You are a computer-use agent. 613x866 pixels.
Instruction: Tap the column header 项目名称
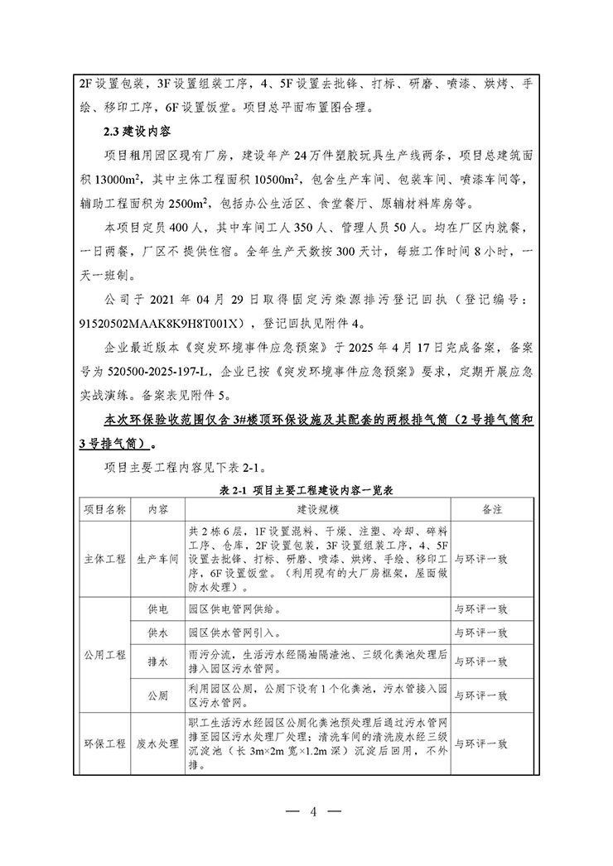[x=104, y=508]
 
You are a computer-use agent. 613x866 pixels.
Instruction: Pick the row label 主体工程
[x=104, y=560]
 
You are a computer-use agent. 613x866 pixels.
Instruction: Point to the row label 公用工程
[x=104, y=654]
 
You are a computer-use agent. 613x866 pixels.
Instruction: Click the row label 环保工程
[x=104, y=743]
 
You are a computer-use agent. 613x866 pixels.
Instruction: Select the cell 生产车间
[x=157, y=560]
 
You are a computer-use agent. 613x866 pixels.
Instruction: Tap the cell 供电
[x=157, y=609]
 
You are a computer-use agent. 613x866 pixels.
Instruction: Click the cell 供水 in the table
[x=157, y=633]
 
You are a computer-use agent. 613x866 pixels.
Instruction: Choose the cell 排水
[x=157, y=662]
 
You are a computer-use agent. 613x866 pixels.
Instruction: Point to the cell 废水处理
[x=157, y=743]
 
